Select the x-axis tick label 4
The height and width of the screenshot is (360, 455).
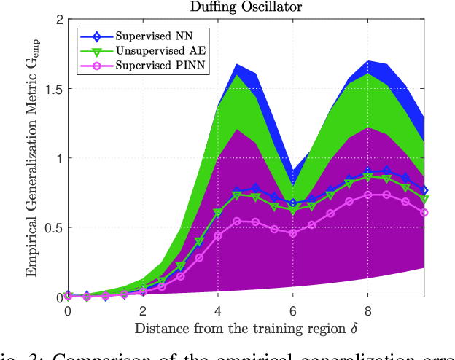(217, 310)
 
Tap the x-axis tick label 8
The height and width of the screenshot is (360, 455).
(368, 310)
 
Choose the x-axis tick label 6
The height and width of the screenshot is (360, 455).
(292, 310)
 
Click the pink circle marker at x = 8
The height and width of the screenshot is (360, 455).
(368, 195)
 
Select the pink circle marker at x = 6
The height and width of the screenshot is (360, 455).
(292, 233)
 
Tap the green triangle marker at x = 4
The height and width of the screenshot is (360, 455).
(217, 213)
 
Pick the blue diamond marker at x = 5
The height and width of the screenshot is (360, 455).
(255, 189)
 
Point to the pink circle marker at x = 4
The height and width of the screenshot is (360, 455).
(217, 235)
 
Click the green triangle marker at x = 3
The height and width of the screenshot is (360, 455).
(180, 267)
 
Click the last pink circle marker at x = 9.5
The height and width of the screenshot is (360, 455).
(424, 213)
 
